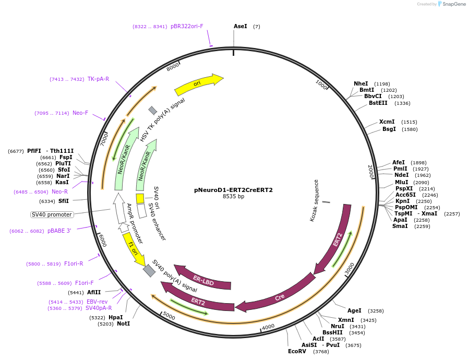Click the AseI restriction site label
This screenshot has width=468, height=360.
point(240,26)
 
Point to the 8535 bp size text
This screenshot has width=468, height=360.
point(233,197)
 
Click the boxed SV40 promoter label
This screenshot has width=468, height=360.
point(52,214)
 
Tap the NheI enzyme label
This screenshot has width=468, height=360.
point(361,83)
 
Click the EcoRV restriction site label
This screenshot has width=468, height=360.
point(297,352)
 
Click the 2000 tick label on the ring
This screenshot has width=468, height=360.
point(371,171)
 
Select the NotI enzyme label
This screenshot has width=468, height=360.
point(123,323)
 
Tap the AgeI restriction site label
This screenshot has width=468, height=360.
point(354,310)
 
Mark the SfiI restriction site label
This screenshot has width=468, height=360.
point(63,201)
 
